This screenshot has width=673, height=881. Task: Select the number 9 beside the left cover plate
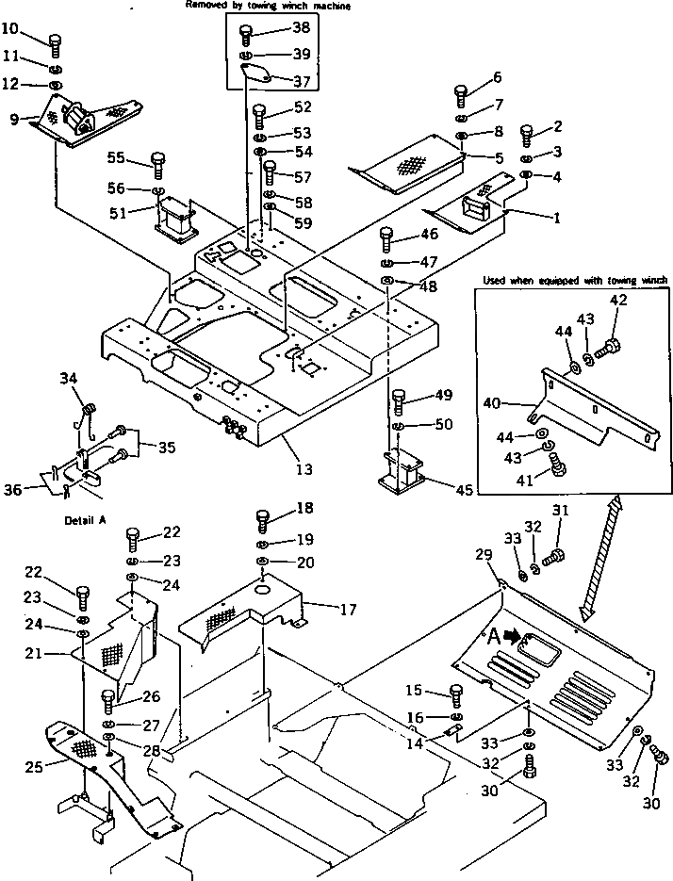tap(14, 119)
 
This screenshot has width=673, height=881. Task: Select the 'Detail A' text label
tap(84, 520)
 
